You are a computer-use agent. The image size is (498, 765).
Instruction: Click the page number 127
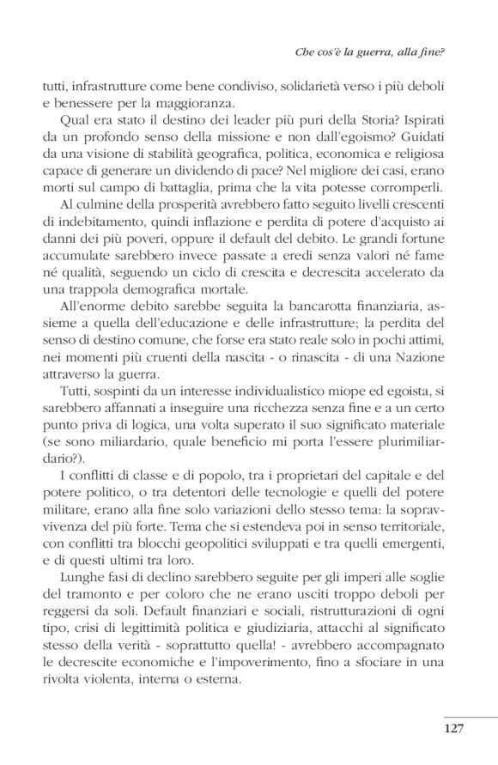tap(453, 729)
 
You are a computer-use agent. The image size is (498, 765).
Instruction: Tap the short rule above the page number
tap(471, 715)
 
